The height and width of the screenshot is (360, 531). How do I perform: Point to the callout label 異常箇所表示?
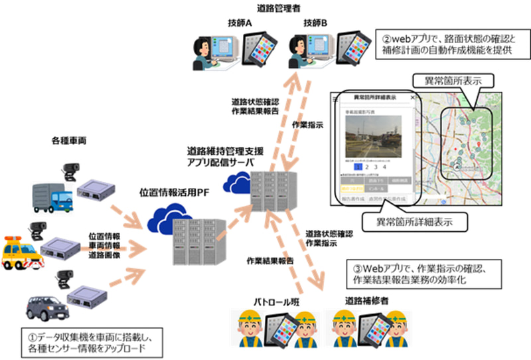452,80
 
